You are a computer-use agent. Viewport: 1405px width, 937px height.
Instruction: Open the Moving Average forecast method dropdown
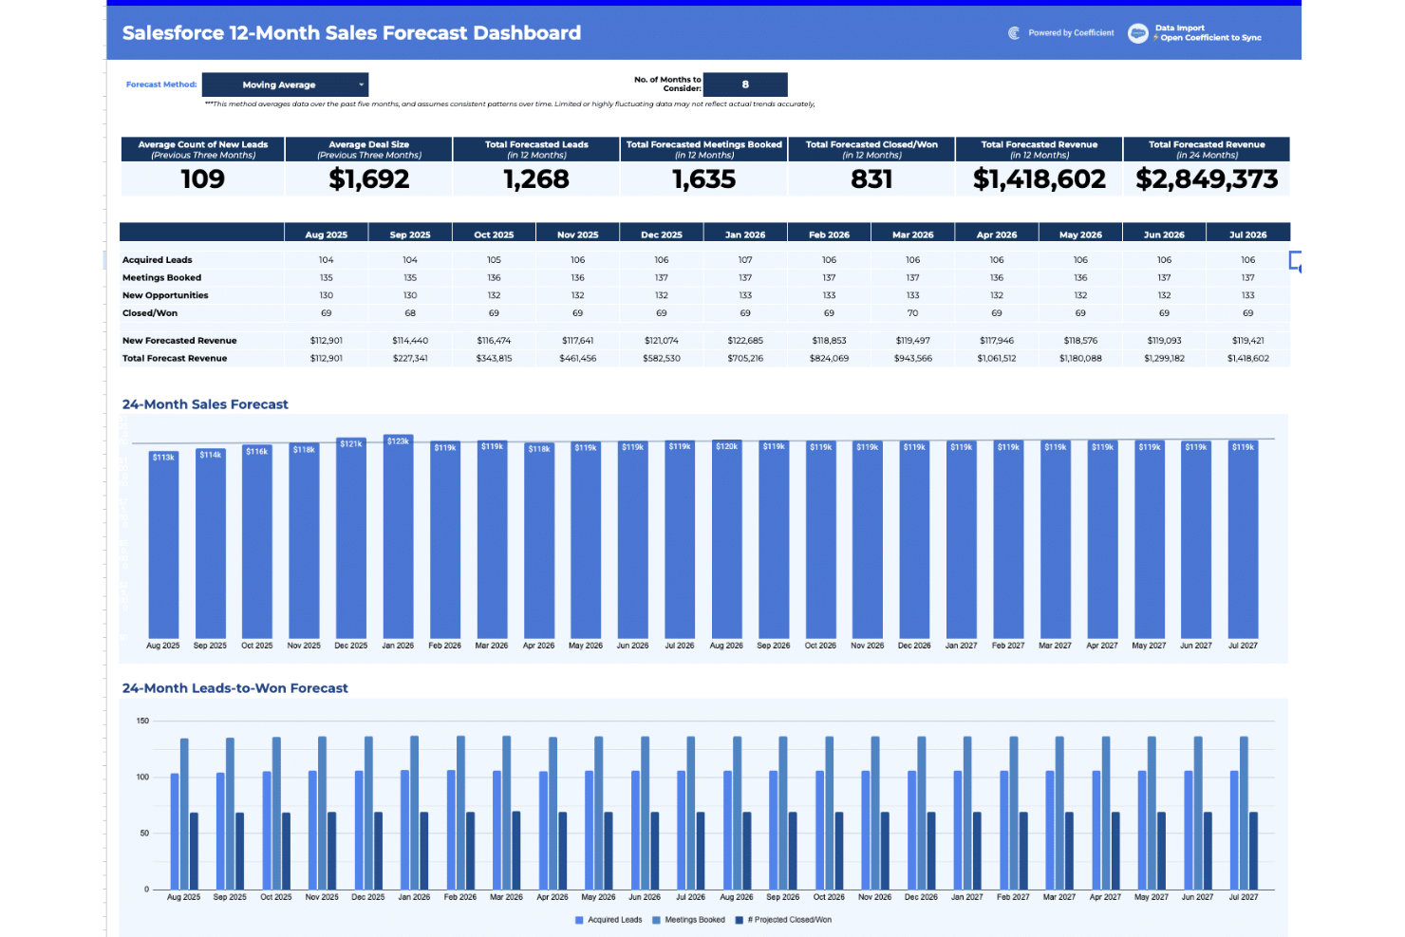(285, 84)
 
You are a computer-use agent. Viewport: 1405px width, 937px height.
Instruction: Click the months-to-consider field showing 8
(745, 84)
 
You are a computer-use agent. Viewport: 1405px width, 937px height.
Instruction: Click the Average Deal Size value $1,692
(368, 179)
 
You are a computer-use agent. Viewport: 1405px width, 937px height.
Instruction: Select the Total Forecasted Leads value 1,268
(536, 179)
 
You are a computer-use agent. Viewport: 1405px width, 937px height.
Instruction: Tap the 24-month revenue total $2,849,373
(1207, 179)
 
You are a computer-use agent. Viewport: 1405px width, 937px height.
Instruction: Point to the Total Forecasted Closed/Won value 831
(871, 179)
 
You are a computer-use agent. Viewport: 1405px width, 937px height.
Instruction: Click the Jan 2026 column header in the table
(745, 234)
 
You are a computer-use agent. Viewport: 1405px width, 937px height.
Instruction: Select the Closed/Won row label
(150, 313)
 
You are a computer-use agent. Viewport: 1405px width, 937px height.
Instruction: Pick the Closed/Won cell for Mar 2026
(912, 313)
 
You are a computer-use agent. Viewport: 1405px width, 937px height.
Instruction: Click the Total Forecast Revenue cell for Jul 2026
(1247, 359)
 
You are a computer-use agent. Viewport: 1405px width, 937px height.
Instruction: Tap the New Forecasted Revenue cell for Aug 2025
(326, 341)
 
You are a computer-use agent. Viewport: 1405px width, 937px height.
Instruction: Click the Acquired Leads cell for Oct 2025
(494, 260)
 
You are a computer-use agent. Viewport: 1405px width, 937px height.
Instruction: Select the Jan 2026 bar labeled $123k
(398, 541)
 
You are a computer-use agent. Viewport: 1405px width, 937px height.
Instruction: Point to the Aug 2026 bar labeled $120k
(726, 541)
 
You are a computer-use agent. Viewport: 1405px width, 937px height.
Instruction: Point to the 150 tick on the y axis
(142, 721)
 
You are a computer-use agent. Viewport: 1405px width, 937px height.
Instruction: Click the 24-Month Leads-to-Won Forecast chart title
(234, 688)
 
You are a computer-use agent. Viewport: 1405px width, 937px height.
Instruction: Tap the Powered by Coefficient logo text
(1071, 33)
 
